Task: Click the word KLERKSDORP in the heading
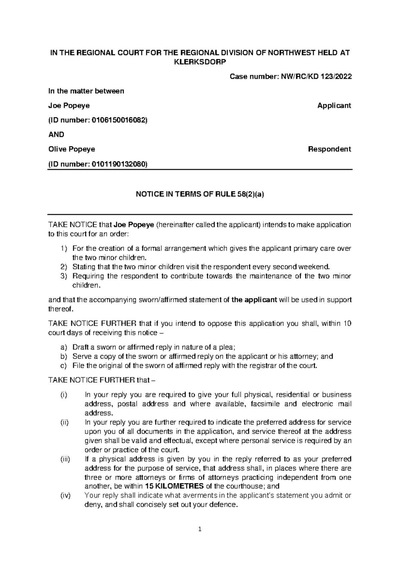pos(200,62)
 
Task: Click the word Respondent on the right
pos(329,149)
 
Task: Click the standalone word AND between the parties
pos(56,134)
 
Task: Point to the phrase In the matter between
pos(86,91)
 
